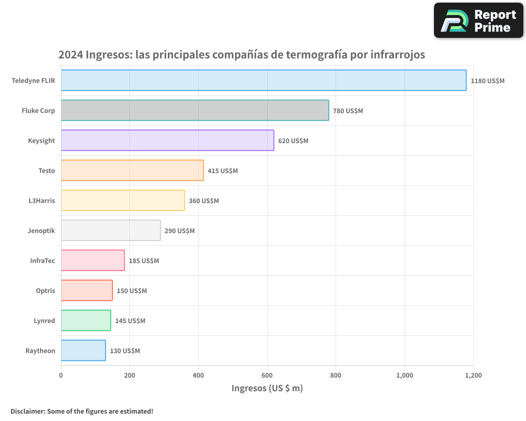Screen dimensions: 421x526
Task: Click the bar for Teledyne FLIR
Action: pyautogui.click(x=264, y=80)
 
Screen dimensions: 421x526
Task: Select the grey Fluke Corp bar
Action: pyautogui.click(x=195, y=110)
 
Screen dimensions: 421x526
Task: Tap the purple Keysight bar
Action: pyautogui.click(x=167, y=140)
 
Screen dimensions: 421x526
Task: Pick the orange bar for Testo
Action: pyautogui.click(x=132, y=170)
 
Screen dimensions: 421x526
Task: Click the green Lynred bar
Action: pyautogui.click(x=86, y=320)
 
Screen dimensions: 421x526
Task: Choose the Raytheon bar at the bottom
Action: pyautogui.click(x=83, y=350)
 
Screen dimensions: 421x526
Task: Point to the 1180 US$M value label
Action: pyautogui.click(x=488, y=81)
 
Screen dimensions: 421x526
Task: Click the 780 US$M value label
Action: pyautogui.click(x=348, y=111)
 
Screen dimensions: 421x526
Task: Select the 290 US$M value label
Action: pyautogui.click(x=179, y=230)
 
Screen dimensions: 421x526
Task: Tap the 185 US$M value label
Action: pyautogui.click(x=144, y=260)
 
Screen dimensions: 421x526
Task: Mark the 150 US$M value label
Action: pyautogui.click(x=131, y=290)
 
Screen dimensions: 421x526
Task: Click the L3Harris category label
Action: pyautogui.click(x=42, y=201)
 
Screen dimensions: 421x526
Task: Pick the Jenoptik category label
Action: pyautogui.click(x=41, y=230)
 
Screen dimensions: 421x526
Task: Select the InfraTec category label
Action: pyautogui.click(x=43, y=260)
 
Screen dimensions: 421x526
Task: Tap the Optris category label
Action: pyautogui.click(x=45, y=290)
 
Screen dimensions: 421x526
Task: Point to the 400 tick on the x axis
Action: pyautogui.click(x=198, y=375)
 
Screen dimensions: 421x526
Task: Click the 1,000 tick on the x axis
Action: pyautogui.click(x=404, y=375)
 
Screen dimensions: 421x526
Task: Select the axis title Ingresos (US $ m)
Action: pyautogui.click(x=267, y=388)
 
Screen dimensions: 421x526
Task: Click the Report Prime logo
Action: pyautogui.click(x=479, y=21)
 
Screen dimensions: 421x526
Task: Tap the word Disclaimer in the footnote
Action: pyautogui.click(x=27, y=411)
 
